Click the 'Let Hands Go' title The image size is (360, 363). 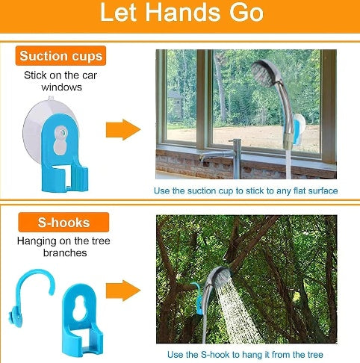(x=179, y=13)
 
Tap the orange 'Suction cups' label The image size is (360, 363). (x=61, y=56)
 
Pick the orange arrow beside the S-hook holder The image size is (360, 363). (x=122, y=291)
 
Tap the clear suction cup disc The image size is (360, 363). (x=46, y=120)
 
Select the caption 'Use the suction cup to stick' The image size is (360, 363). (x=246, y=191)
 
